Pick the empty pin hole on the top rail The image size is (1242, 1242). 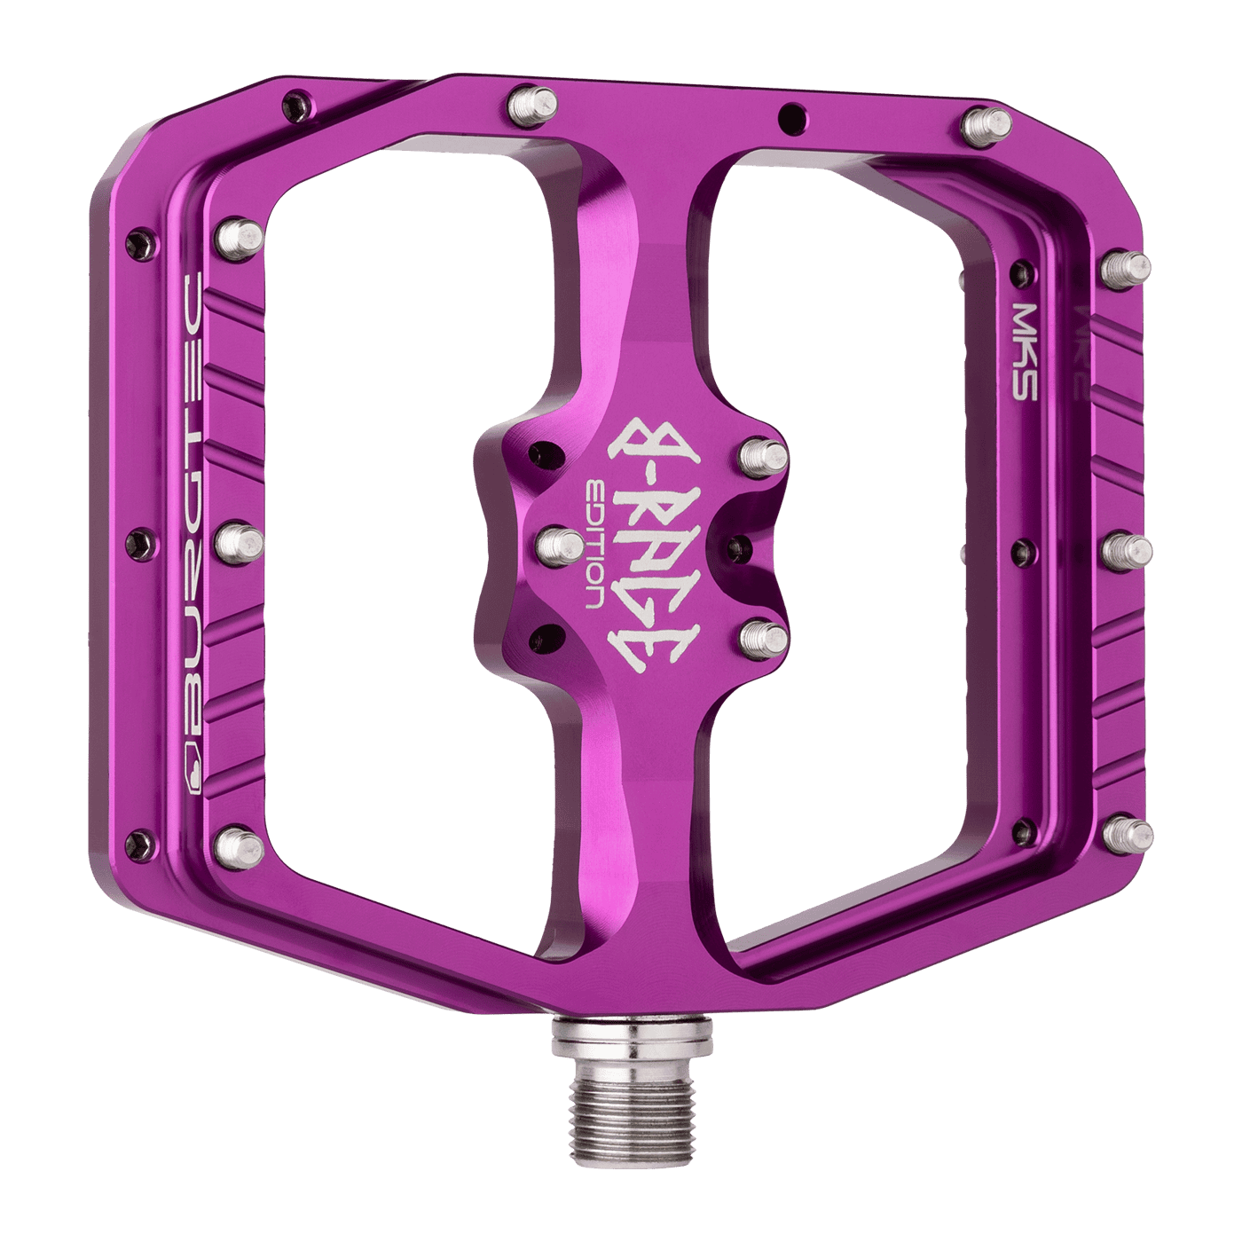click(x=786, y=115)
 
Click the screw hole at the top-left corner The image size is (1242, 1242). click(x=293, y=104)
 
